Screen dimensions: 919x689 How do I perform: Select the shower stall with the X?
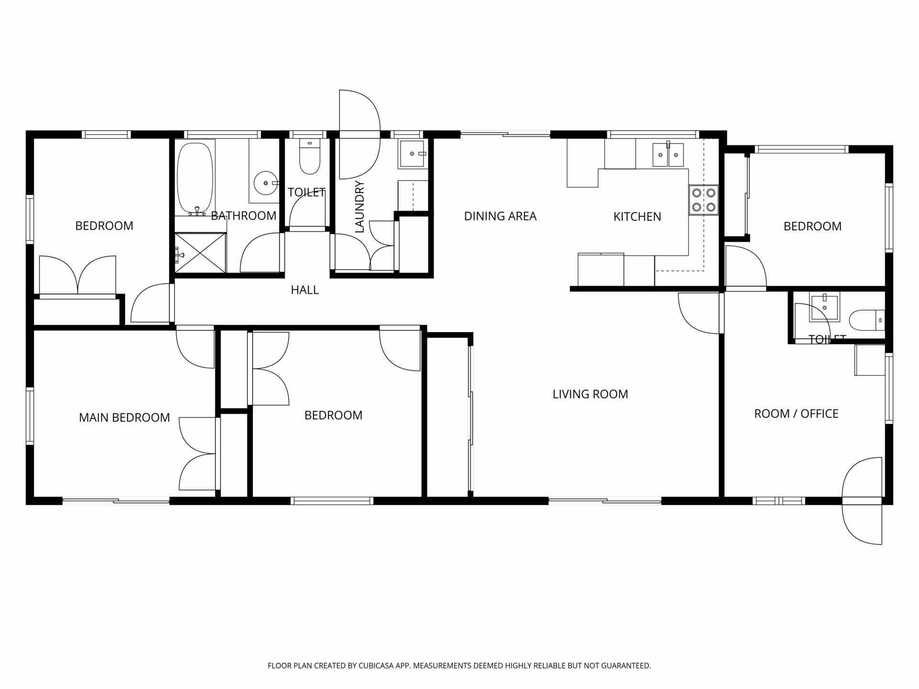[200, 253]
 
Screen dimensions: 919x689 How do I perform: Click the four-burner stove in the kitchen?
[704, 200]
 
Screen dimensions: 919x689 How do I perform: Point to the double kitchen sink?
[669, 154]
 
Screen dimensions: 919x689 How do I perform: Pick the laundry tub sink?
[412, 154]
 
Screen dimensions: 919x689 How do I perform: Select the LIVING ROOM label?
[590, 394]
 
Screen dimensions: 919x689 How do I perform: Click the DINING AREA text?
[500, 216]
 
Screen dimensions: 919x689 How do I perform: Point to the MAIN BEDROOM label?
[124, 418]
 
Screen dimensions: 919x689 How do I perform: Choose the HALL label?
[305, 290]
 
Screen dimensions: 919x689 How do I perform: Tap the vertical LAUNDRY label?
[360, 207]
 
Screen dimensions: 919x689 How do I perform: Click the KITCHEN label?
[637, 217]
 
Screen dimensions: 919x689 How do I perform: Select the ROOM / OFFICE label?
[796, 414]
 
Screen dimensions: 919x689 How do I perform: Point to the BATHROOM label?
[244, 216]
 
